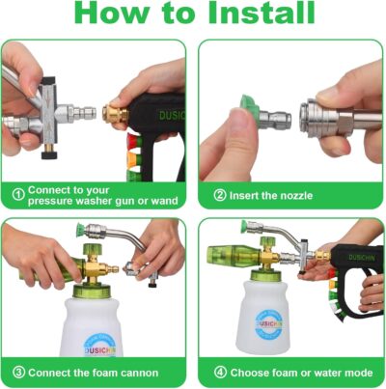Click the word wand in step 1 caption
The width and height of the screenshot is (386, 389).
[166, 201]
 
